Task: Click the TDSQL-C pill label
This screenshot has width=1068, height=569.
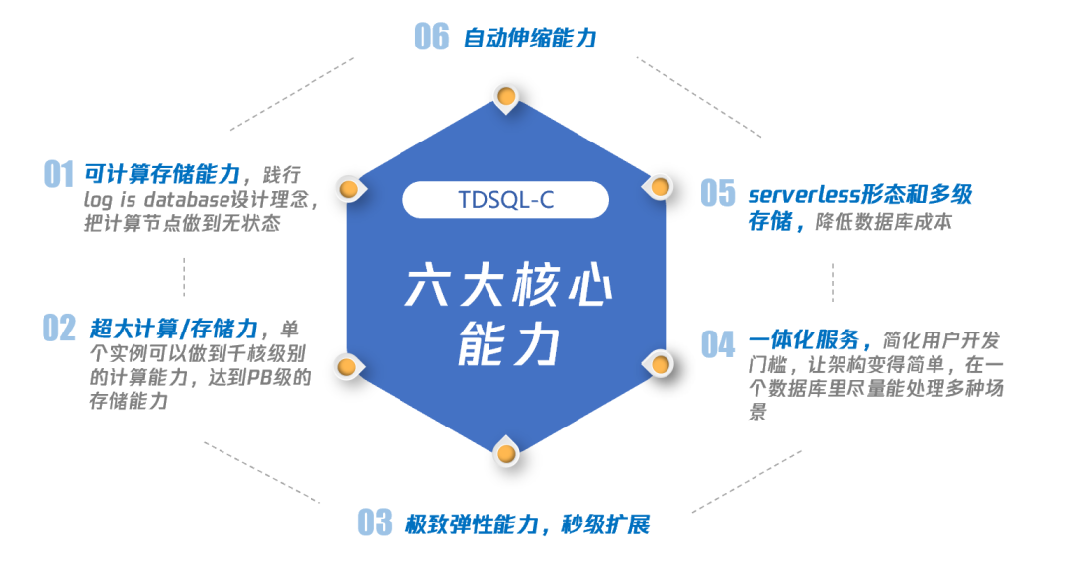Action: point(505,199)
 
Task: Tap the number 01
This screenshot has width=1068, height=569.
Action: point(59,175)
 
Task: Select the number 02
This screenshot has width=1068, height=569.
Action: point(59,328)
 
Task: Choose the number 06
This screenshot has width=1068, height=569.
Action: point(432,37)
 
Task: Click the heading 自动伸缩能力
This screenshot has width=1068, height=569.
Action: point(530,39)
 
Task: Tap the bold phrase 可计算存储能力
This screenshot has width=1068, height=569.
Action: point(162,175)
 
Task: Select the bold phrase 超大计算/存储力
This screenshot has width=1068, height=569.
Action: point(174,328)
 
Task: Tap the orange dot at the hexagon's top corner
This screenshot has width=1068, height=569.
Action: point(506,97)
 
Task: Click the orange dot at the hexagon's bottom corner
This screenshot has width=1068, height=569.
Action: point(506,453)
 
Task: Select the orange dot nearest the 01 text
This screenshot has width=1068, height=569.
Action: point(348,187)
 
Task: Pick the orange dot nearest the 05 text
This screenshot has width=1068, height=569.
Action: point(661,185)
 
